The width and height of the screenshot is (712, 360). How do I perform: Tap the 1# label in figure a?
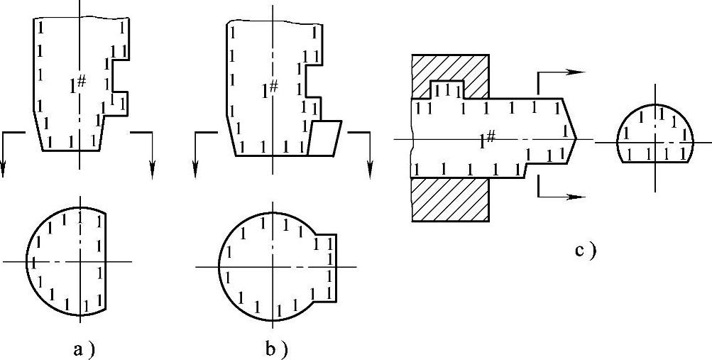click(77, 84)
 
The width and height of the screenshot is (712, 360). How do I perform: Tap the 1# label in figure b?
click(268, 90)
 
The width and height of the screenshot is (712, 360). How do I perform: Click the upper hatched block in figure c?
click(449, 75)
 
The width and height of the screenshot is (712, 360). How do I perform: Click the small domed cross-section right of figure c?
click(654, 135)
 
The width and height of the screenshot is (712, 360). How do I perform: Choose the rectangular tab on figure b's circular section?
click(325, 266)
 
